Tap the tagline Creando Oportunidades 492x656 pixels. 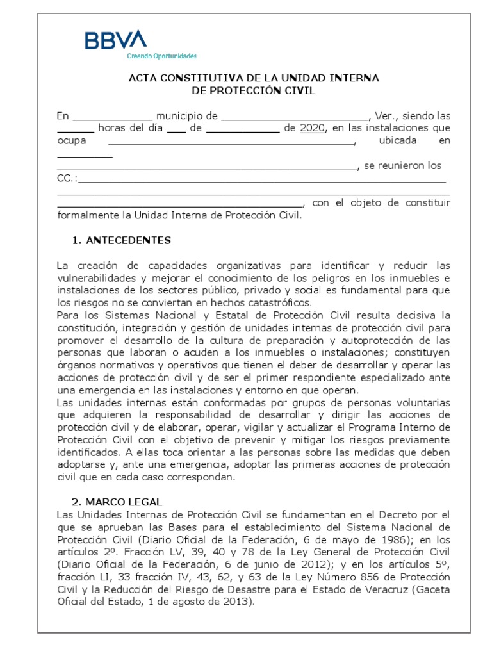click(161, 56)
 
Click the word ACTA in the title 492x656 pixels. click(143, 78)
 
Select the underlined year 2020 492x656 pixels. click(313, 128)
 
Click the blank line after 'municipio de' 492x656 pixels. click(295, 117)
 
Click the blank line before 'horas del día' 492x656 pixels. click(76, 129)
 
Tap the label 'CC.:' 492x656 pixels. click(67, 178)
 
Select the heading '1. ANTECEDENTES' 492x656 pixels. click(122, 240)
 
